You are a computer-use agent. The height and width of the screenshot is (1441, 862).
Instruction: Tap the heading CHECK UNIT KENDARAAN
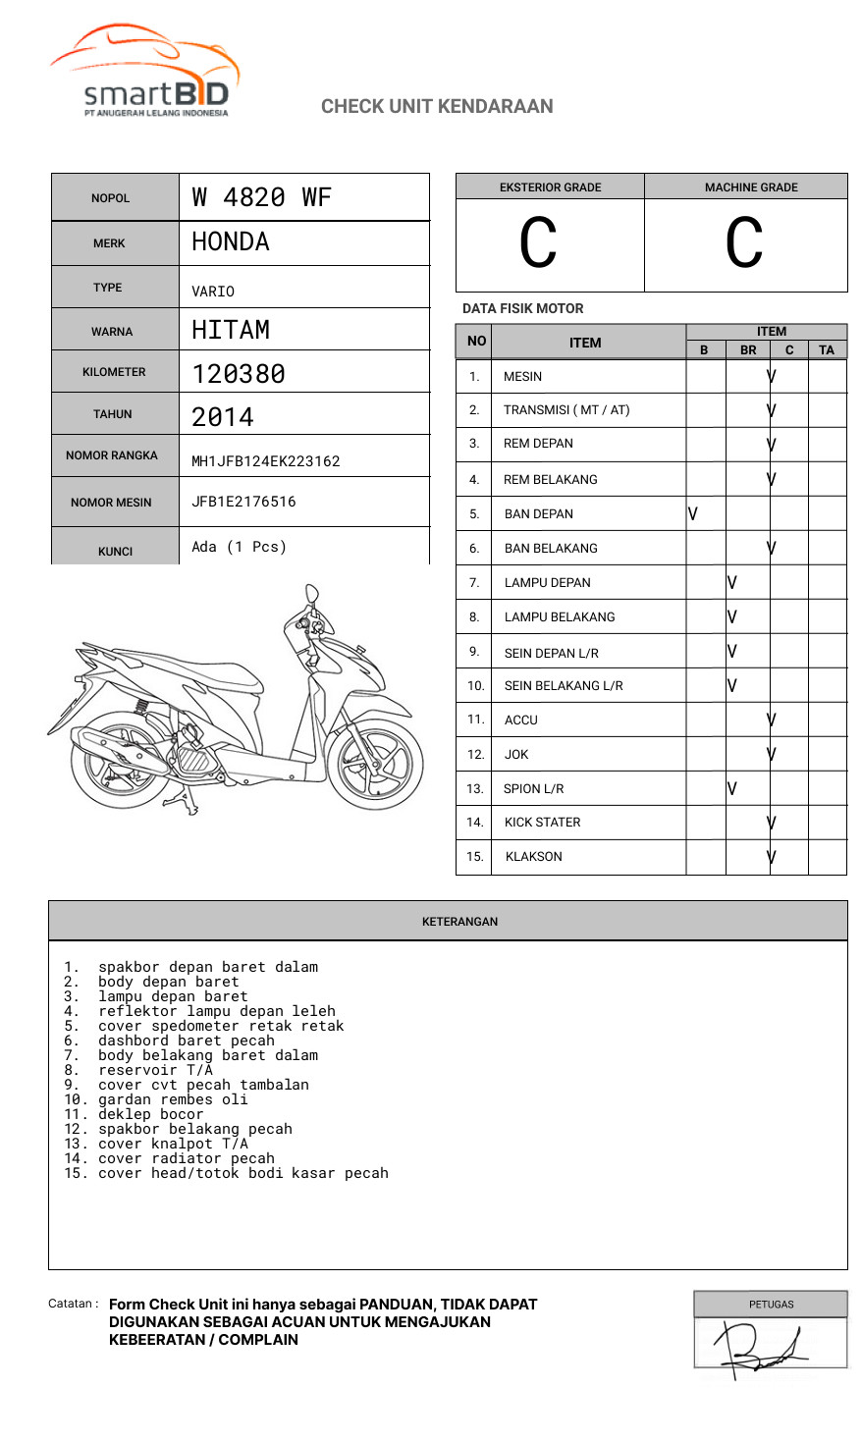(x=437, y=106)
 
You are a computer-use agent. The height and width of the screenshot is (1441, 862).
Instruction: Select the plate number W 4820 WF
(x=261, y=197)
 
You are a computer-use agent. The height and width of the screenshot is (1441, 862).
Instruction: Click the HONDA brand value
(x=230, y=242)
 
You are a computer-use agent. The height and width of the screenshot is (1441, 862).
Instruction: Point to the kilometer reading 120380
(x=239, y=374)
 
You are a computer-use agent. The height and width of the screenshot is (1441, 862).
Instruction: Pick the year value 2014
(x=223, y=417)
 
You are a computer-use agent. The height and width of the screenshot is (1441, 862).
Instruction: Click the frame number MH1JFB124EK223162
(x=265, y=461)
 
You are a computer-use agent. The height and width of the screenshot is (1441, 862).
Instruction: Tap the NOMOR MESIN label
(x=111, y=503)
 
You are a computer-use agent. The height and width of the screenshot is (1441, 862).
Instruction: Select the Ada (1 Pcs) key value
(x=239, y=547)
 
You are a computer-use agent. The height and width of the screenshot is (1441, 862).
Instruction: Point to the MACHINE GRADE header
(x=751, y=187)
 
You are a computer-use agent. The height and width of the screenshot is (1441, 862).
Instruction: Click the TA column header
(x=827, y=349)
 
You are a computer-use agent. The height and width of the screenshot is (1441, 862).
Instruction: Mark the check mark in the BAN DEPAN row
(x=693, y=513)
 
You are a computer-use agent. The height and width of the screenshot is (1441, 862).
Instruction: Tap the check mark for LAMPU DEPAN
(x=732, y=582)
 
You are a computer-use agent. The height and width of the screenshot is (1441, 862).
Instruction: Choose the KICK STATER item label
(x=542, y=823)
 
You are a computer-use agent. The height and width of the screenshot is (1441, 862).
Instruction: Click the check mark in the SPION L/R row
(x=732, y=788)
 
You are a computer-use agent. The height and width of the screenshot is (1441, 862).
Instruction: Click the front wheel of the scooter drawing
(x=375, y=764)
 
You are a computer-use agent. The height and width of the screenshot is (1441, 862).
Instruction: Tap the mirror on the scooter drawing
(x=312, y=594)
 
